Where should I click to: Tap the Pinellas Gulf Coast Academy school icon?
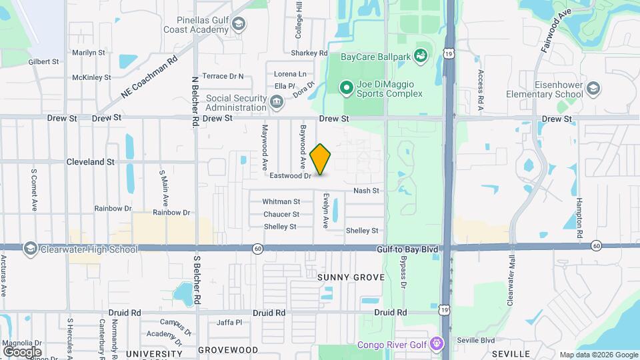pyautogui.click(x=238, y=25)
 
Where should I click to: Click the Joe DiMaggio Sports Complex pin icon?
pyautogui.click(x=346, y=87)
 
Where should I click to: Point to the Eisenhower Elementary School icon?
pyautogui.click(x=593, y=88)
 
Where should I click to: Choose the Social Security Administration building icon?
pyautogui.click(x=277, y=102)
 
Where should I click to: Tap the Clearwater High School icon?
pyautogui.click(x=30, y=249)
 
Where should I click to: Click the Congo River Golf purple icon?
pyautogui.click(x=437, y=344)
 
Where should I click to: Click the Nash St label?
pyautogui.click(x=366, y=191)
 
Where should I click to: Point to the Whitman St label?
pyautogui.click(x=281, y=201)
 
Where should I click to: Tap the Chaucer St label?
pyautogui.click(x=281, y=214)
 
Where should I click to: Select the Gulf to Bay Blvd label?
pyautogui.click(x=406, y=249)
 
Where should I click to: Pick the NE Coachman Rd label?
pyautogui.click(x=149, y=77)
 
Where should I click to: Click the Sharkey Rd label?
pyautogui.click(x=309, y=53)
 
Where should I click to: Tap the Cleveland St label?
pyautogui.click(x=91, y=161)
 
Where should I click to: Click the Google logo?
pyautogui.click(x=22, y=351)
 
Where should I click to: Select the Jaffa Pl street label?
pyautogui.click(x=229, y=323)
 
